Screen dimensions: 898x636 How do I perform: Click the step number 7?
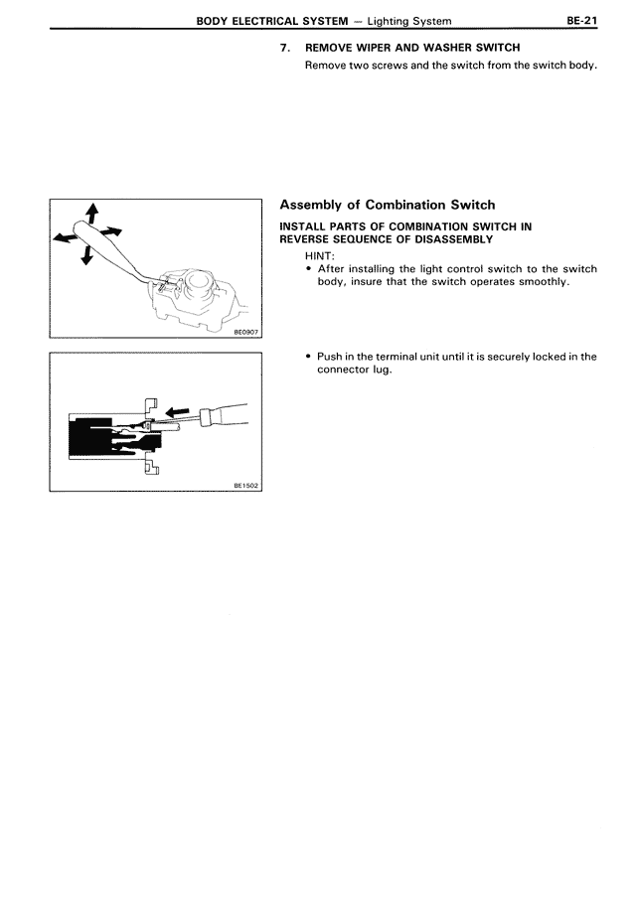pyautogui.click(x=285, y=48)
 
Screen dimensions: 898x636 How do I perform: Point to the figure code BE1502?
pyautogui.click(x=245, y=485)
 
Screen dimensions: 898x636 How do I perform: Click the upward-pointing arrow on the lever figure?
pyautogui.click(x=91, y=211)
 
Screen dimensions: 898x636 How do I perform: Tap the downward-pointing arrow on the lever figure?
pyautogui.click(x=86, y=255)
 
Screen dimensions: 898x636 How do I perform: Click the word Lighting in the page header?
pyautogui.click(x=402, y=20)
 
